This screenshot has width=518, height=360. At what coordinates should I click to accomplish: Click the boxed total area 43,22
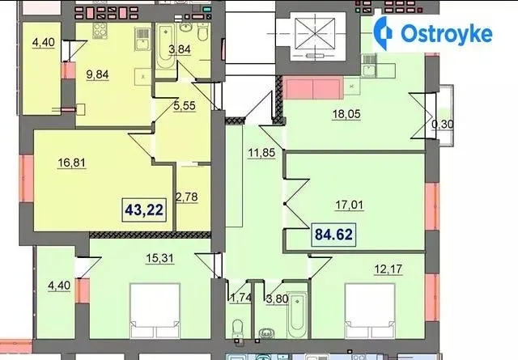point(144,210)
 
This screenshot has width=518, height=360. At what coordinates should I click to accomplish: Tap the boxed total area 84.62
point(333,234)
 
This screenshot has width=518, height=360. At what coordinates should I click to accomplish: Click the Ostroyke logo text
point(447,33)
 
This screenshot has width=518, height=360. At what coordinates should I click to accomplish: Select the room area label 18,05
point(346,114)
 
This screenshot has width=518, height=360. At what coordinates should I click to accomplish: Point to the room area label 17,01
point(349,205)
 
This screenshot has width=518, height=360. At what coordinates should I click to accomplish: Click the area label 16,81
point(71,163)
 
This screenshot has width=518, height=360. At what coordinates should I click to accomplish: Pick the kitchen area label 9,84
point(97,74)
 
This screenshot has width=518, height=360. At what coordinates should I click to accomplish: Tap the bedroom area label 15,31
point(160,258)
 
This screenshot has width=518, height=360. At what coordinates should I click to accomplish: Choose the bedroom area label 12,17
point(388,269)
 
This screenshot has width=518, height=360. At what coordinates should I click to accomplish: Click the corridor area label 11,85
point(261,153)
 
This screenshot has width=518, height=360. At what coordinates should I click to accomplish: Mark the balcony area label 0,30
point(443,125)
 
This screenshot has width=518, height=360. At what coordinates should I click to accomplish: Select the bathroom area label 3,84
point(180,49)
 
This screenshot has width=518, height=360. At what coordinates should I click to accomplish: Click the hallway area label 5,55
point(185,106)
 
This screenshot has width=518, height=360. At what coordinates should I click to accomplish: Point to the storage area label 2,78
point(187,197)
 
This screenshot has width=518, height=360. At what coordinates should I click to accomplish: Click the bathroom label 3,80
point(277,299)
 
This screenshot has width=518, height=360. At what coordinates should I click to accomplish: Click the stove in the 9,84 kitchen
point(100,31)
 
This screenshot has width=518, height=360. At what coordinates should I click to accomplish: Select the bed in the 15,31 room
point(155,311)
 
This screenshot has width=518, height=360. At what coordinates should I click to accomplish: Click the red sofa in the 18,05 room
point(313,88)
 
